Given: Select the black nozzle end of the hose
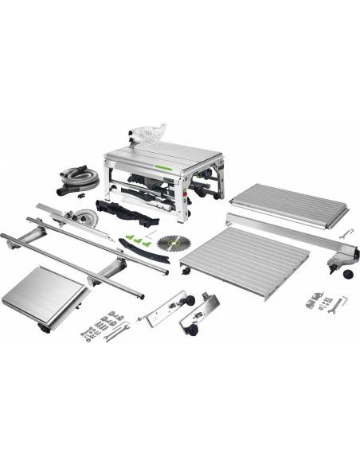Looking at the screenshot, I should point(62,193).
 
